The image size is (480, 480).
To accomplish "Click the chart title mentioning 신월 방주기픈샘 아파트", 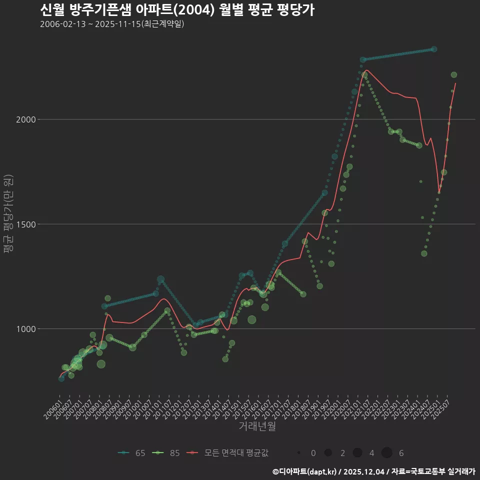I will (x=177, y=10).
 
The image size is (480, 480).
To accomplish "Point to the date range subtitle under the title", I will (x=112, y=24).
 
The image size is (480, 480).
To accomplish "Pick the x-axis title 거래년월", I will (x=257, y=426).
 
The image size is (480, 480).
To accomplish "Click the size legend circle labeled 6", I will (x=386, y=453).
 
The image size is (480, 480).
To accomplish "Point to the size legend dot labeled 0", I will (x=298, y=453).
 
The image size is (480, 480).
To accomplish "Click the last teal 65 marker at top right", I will (x=434, y=49).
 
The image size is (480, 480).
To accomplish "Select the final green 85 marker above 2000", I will (x=454, y=75).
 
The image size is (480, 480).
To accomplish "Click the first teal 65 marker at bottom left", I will (x=61, y=378).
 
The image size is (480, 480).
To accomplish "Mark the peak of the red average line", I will (x=366, y=70).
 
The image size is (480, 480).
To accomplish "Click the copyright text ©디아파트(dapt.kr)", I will (x=305, y=471).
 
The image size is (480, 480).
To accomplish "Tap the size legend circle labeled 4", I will (x=357, y=453).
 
